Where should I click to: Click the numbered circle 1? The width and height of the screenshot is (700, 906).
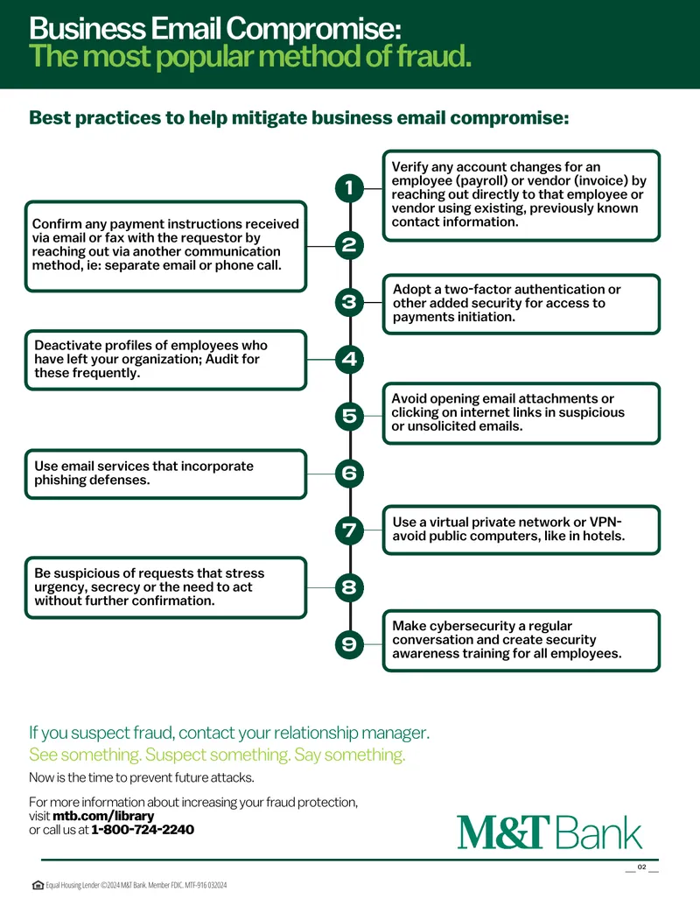click(349, 188)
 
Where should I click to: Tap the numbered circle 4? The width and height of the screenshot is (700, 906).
click(349, 359)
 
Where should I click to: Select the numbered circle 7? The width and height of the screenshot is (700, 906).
click(349, 530)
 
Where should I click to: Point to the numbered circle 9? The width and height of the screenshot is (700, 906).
click(349, 644)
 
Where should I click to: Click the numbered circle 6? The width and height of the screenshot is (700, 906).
click(349, 474)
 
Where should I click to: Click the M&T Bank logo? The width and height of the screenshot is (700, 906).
click(549, 832)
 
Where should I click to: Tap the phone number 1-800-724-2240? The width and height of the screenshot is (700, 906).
click(143, 830)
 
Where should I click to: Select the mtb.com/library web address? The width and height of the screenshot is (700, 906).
click(103, 817)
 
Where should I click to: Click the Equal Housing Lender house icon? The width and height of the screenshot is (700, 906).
click(38, 885)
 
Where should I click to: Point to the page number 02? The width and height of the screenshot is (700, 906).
click(641, 867)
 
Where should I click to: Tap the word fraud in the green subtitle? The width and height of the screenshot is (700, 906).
click(433, 57)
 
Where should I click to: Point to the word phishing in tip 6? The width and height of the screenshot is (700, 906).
click(59, 481)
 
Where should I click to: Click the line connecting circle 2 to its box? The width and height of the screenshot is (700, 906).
click(320, 246)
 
